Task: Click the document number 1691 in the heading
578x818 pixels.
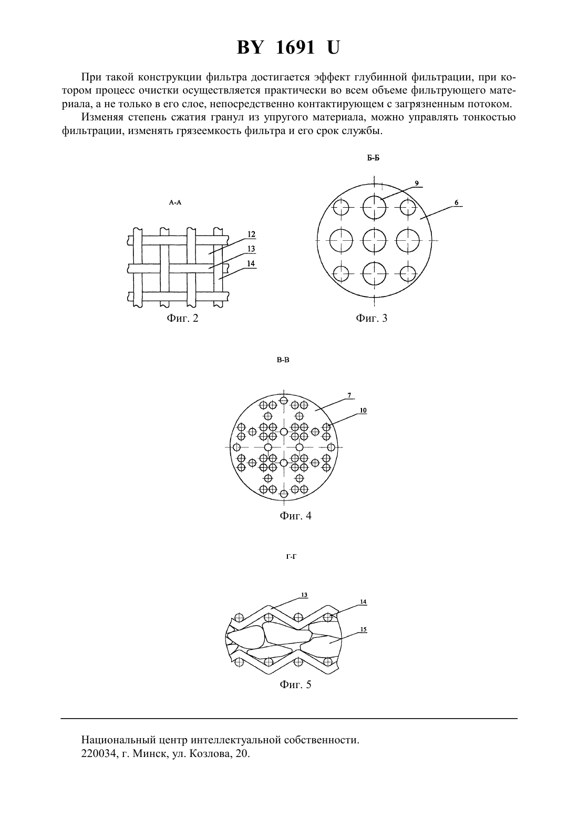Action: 295,47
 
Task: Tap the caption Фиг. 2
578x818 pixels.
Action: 182,318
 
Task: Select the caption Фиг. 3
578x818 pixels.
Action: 371,318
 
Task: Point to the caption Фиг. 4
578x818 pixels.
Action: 295,516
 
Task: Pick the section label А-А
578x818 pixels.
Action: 175,203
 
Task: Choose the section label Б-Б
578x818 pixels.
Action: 373,158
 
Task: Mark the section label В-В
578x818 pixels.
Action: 283,360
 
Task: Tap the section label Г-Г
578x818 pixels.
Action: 291,557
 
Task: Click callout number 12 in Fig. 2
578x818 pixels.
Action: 251,234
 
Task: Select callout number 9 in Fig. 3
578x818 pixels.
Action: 417,183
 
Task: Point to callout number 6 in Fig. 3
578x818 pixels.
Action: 457,203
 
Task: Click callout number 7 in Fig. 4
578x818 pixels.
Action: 349,395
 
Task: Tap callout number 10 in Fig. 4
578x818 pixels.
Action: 363,411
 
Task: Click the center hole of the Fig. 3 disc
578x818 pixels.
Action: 374,241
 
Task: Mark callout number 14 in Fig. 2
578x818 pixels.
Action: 251,264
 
